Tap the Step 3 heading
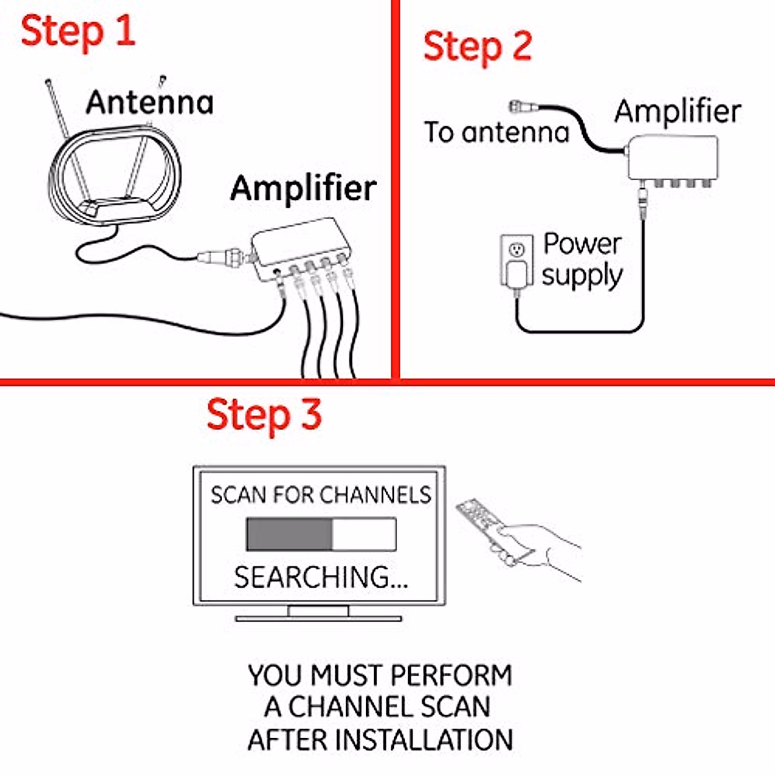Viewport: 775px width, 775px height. [263, 415]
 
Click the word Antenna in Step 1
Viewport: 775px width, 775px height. [150, 102]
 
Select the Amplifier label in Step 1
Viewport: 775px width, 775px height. [304, 188]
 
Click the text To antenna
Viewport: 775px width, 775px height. [496, 132]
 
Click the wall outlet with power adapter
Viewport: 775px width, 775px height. [517, 262]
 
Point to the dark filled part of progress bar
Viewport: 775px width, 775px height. [289, 535]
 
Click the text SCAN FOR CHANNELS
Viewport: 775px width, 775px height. [320, 495]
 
